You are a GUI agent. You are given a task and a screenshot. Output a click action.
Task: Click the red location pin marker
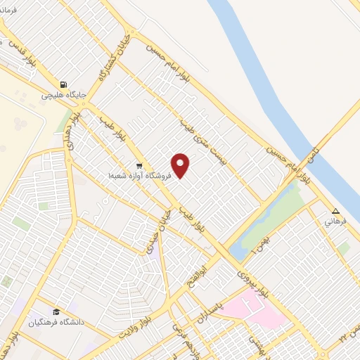181,165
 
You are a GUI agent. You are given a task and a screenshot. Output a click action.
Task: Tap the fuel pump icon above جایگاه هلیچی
64,82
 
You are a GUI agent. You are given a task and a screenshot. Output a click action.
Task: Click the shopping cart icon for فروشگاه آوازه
139,167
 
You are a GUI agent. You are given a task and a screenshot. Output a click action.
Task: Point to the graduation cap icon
55,312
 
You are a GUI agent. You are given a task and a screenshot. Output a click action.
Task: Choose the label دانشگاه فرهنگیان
56,323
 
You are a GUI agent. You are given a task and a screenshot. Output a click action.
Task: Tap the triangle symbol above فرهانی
335,211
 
